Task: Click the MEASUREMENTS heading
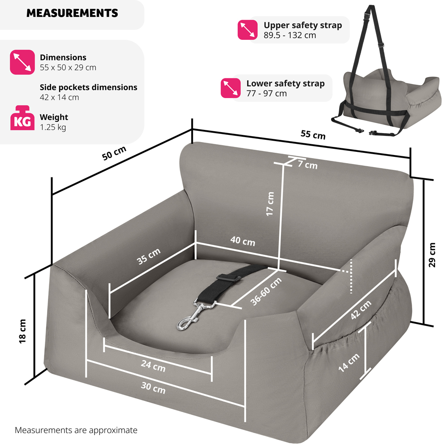pos(72,13)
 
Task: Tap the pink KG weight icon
pos(22,118)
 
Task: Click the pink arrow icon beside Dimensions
pos(22,62)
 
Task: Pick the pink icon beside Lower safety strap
pos(231,88)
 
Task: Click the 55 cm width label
pos(313,134)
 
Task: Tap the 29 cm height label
pos(432,255)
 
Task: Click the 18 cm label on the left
pos(23,331)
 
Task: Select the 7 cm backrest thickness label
pos(308,165)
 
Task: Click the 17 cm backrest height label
pos(270,204)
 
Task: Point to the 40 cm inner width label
pos(243,241)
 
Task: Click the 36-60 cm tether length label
pos(266,291)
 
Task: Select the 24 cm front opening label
pos(153,366)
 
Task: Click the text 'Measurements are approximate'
pos(76,430)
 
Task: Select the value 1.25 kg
pos(53,127)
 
